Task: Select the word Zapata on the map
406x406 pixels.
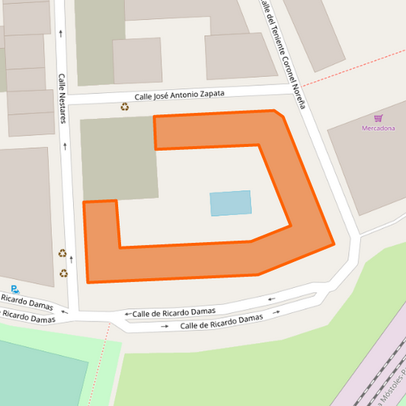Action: (x=211, y=93)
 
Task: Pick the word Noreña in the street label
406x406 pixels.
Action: (x=299, y=94)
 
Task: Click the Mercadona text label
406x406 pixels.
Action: (x=378, y=128)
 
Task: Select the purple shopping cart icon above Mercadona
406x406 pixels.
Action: (x=378, y=118)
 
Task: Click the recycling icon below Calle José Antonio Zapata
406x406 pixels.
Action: (x=124, y=107)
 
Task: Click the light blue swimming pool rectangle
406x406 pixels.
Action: (x=230, y=203)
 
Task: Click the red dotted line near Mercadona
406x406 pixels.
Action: (x=358, y=66)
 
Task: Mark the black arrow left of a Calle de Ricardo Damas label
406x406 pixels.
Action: (x=128, y=314)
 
